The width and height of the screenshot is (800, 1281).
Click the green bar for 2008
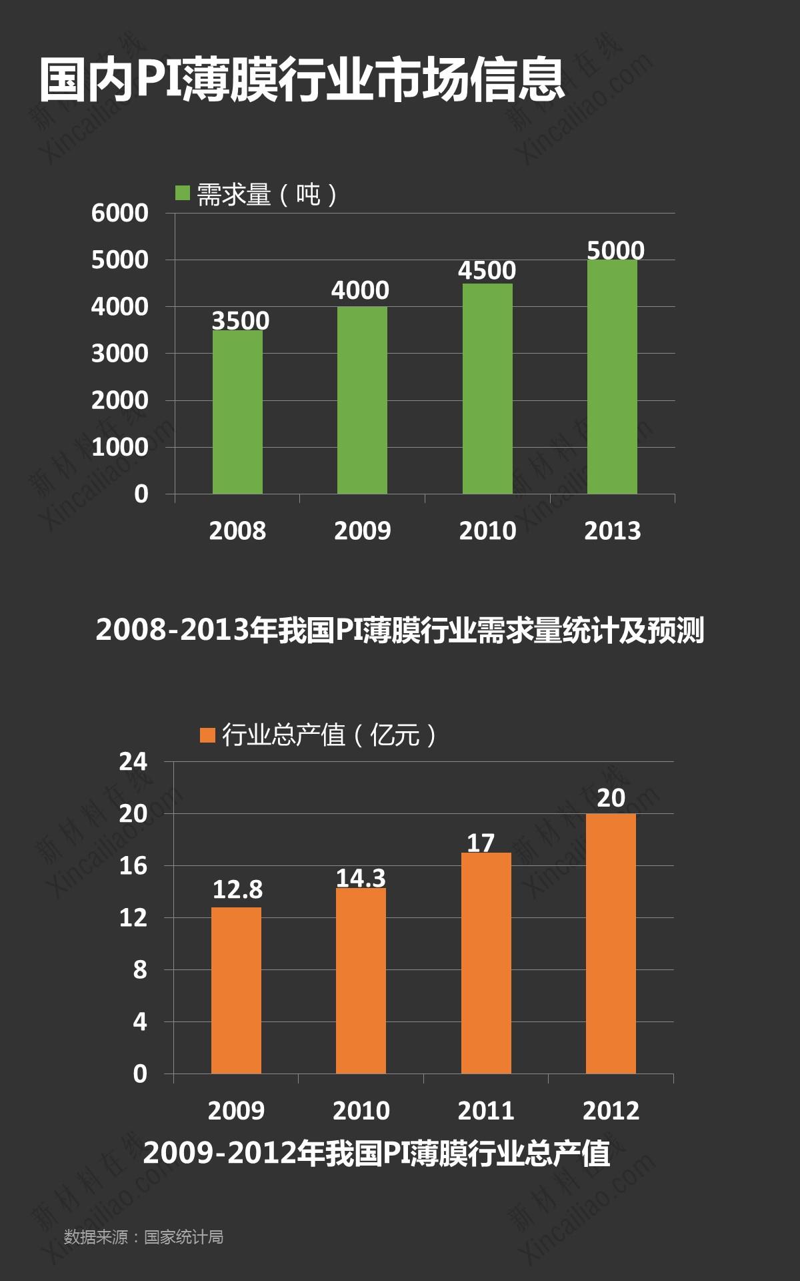pyautogui.click(x=237, y=412)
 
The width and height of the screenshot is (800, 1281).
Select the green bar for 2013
pyautogui.click(x=612, y=377)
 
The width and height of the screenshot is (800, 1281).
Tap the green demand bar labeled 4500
pyautogui.click(x=487, y=388)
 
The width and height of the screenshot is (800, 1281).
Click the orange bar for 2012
pyautogui.click(x=611, y=943)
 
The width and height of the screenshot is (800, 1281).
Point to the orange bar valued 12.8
pyautogui.click(x=236, y=990)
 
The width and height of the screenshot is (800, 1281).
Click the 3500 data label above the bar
pyautogui.click(x=241, y=321)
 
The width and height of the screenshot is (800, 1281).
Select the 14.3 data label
pyautogui.click(x=361, y=878)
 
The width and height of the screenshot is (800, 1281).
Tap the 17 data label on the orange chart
pyautogui.click(x=481, y=843)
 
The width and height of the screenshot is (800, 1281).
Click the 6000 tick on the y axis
pyautogui.click(x=120, y=213)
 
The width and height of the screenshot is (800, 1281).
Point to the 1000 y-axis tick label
pyautogui.click(x=120, y=448)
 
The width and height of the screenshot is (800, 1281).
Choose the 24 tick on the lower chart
pyautogui.click(x=133, y=762)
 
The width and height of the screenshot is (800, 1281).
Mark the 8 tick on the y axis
pyautogui.click(x=140, y=970)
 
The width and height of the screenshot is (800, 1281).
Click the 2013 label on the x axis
pyautogui.click(x=612, y=531)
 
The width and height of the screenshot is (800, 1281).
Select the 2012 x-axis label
pyautogui.click(x=611, y=1111)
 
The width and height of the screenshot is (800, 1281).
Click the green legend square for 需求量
pyautogui.click(x=183, y=193)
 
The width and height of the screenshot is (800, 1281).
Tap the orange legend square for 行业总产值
pyautogui.click(x=207, y=735)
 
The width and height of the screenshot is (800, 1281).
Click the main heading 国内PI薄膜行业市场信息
pyautogui.click(x=302, y=80)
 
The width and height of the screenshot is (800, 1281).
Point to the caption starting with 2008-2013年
pyautogui.click(x=400, y=630)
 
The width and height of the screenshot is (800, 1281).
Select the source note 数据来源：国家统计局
pyautogui.click(x=143, y=1237)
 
